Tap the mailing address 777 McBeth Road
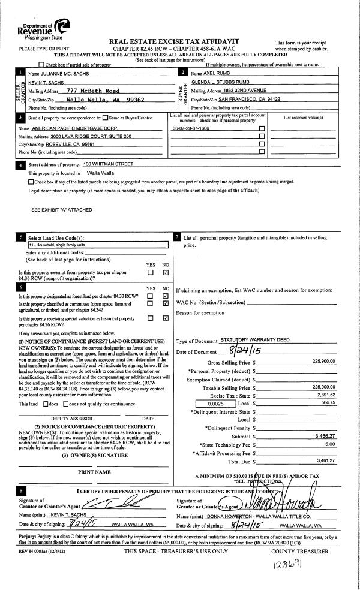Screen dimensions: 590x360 [x=93, y=91]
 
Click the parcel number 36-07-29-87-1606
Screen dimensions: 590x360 [x=191, y=128]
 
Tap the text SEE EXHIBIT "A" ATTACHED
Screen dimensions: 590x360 [x=63, y=210]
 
